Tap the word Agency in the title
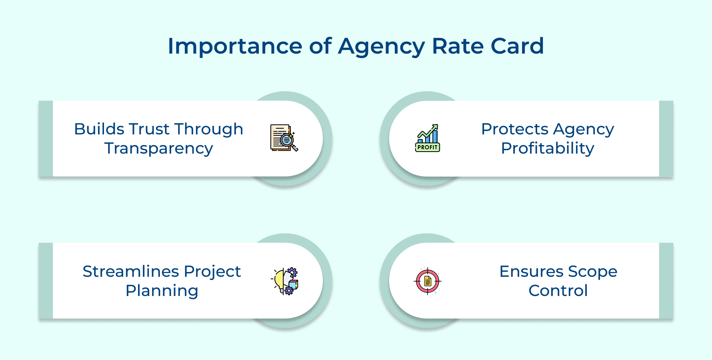(x=381, y=47)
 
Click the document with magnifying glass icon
(x=284, y=138)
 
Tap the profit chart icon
(x=428, y=138)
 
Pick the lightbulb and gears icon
(x=285, y=281)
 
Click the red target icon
(x=428, y=281)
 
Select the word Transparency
(x=159, y=149)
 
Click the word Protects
(x=515, y=129)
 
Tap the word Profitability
(x=548, y=148)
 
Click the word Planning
(x=162, y=291)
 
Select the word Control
(x=558, y=291)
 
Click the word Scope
(x=593, y=272)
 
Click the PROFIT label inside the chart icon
(x=428, y=147)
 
